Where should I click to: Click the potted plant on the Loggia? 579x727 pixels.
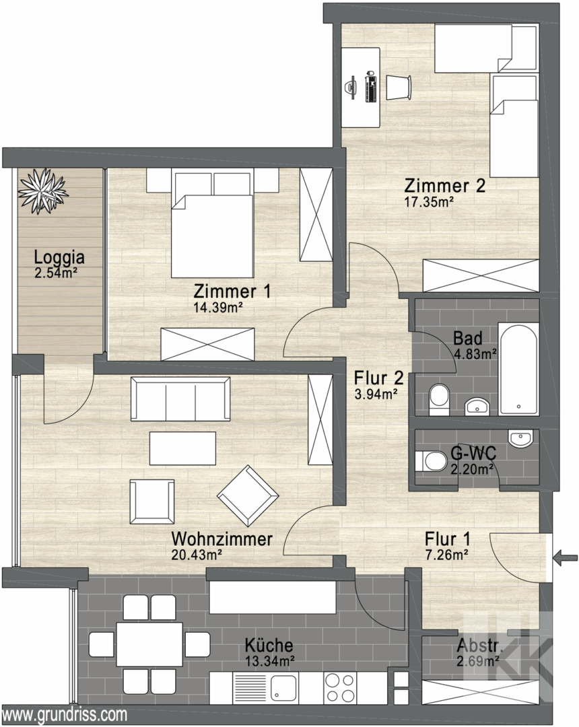click(43, 191)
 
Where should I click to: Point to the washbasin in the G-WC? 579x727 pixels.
click(521, 439)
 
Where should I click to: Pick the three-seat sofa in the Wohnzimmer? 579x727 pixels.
click(180, 399)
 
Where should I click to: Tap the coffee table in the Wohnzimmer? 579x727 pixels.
click(182, 448)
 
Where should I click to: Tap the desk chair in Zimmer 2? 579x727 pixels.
click(399, 87)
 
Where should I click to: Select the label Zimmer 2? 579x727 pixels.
click(444, 186)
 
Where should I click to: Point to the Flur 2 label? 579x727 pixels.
click(378, 378)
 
